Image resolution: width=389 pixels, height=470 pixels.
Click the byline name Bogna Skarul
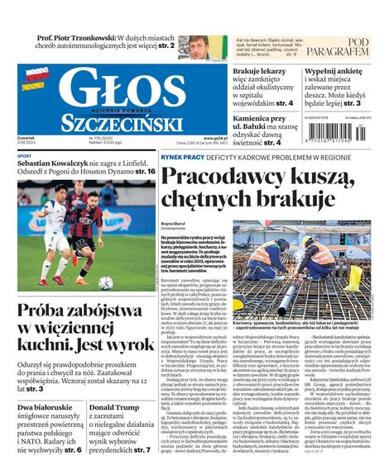click(x=173, y=222)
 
